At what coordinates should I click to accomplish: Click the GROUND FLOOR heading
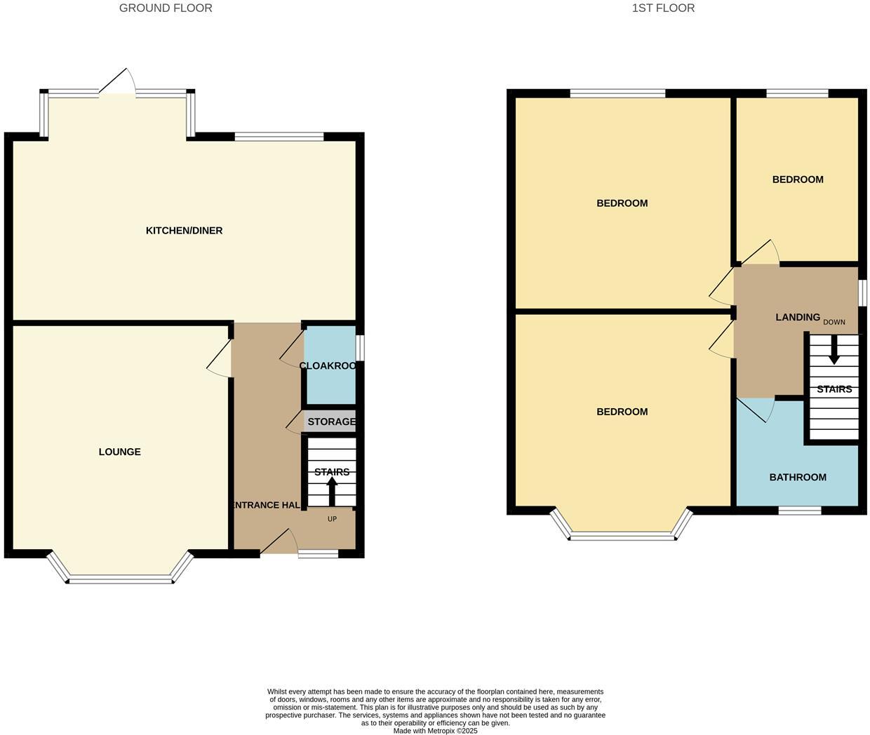coord(166,8)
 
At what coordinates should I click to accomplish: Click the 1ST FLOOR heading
coord(663,8)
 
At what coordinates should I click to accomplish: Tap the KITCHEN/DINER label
coord(184,231)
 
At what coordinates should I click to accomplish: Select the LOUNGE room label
coord(119,452)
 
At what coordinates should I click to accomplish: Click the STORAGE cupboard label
coord(331,422)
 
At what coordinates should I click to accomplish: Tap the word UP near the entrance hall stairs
coord(332,519)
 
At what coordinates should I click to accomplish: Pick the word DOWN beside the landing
coord(834,322)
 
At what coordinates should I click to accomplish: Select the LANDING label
coord(797,317)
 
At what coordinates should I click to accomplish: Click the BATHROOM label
coord(798,477)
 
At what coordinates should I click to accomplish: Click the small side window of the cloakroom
coord(359,347)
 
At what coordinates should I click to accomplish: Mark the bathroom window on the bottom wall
coord(799,510)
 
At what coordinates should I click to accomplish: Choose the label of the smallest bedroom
coord(798,180)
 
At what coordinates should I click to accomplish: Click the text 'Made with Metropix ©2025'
coord(435,730)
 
